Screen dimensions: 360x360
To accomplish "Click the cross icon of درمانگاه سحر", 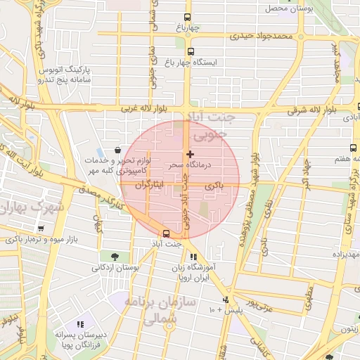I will (189, 153).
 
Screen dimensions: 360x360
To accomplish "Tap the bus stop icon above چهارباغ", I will (187, 18).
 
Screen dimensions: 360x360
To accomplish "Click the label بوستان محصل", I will (288, 8).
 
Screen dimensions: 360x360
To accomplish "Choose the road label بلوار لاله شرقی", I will (311, 110).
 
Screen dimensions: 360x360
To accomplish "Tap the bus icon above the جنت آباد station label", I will (167, 233).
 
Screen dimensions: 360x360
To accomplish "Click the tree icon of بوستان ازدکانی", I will (115, 256).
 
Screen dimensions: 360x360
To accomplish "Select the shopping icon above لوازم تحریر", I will (116, 150).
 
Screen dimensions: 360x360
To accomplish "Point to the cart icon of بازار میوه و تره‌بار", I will (41, 228).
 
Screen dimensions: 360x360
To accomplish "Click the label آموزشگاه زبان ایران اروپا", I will (198, 273).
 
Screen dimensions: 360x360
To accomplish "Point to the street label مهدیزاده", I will (342, 255).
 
